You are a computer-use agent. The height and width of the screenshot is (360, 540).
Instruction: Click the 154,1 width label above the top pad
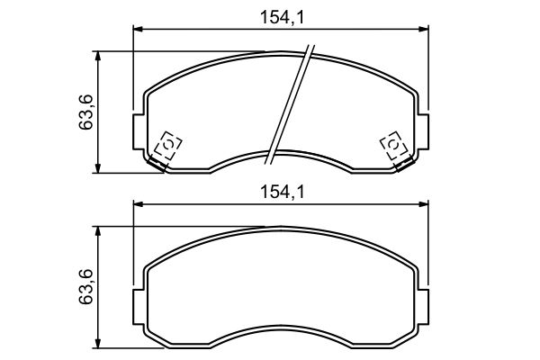283,18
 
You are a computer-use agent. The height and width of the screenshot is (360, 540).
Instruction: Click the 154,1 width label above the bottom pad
283,193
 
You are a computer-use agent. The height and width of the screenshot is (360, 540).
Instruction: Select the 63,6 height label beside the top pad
85,112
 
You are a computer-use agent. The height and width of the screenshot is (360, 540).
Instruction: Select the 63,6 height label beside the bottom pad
85,286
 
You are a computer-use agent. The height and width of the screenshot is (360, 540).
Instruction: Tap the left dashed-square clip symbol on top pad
167,145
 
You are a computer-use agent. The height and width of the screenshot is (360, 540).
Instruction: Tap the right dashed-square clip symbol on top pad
393,145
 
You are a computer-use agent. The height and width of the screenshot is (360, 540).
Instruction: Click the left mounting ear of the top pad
139,132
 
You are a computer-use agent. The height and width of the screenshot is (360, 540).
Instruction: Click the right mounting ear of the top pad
423,132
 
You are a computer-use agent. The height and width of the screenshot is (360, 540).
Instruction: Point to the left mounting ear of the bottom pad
139,307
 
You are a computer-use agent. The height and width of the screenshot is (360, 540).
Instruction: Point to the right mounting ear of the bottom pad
423,307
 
